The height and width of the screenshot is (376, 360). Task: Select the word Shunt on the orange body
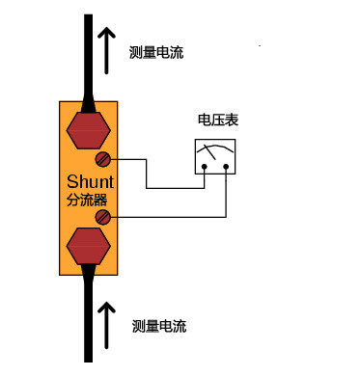(x=90, y=181)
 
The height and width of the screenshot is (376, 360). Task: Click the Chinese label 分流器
(x=89, y=200)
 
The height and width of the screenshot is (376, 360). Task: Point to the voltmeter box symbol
(x=215, y=157)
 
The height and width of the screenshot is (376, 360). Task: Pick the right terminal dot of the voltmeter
(x=225, y=167)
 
